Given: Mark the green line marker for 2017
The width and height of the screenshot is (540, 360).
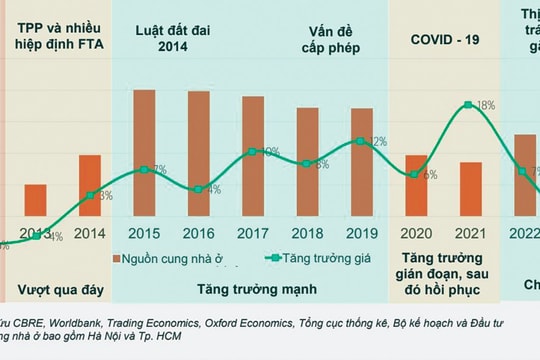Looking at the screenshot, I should [253, 152].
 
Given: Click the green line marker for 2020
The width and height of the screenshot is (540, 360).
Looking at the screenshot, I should [416, 176].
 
